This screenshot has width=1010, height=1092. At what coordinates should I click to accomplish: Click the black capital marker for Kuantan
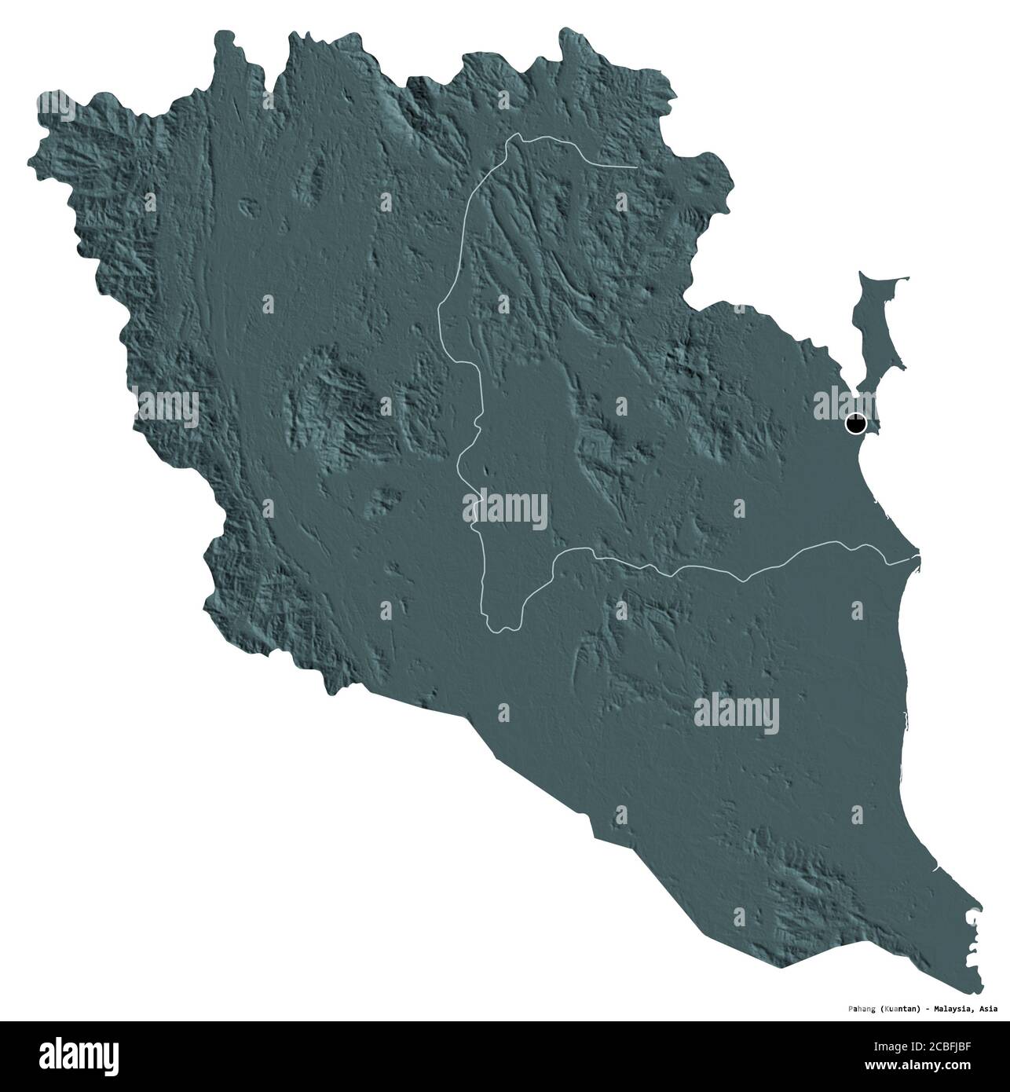coord(855,424)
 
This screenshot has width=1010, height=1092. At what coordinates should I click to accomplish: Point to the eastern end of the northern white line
coord(635,167)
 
